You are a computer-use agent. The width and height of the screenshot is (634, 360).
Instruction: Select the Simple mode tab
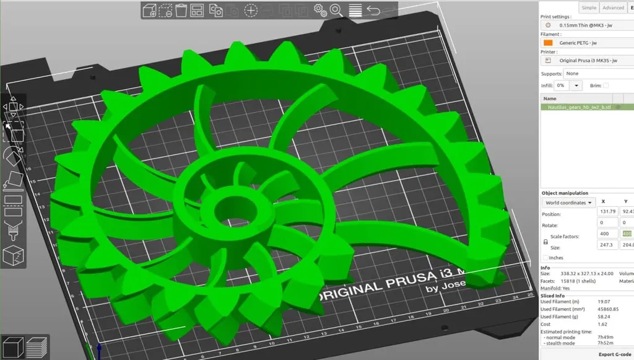589,7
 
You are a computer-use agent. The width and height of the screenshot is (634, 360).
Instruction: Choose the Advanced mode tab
613,7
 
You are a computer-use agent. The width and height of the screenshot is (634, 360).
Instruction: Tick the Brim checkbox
606,86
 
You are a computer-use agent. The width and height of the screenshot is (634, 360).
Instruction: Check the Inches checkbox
545,257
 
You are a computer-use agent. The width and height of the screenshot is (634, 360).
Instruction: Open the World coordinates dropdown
568,203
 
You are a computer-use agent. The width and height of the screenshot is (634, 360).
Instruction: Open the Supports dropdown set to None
597,74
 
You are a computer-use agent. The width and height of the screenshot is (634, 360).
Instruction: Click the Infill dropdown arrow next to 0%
577,86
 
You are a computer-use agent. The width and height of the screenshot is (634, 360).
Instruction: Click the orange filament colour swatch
548,43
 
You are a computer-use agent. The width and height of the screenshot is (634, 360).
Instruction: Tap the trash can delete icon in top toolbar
181,10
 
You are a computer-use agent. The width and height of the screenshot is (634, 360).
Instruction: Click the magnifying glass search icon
336,10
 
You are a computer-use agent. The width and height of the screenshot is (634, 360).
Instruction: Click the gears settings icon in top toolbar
319,10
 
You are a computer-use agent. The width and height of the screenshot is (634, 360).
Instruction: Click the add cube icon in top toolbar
149,10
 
